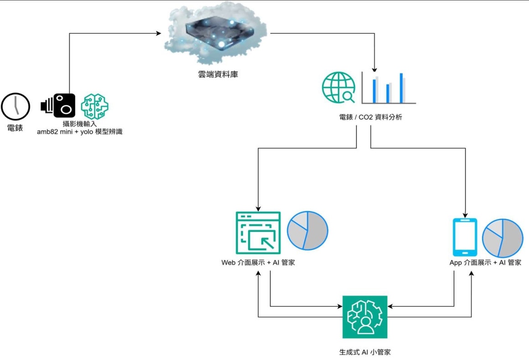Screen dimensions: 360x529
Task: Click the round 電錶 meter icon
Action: [x=16, y=106]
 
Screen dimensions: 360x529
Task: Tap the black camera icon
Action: [x=58, y=105]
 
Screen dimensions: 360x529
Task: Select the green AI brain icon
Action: [x=94, y=106]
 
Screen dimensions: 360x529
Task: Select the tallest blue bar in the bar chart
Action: [x=401, y=87]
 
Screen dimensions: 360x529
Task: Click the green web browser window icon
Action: [x=258, y=232]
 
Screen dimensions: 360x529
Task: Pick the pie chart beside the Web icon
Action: [x=307, y=230]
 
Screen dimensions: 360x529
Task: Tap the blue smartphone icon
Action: [x=465, y=237]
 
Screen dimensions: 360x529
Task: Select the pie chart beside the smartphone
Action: [x=502, y=238]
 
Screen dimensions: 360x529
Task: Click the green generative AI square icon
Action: [x=365, y=317]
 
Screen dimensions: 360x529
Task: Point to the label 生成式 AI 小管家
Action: [x=365, y=352]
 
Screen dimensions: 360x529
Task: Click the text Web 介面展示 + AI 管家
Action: [x=258, y=262]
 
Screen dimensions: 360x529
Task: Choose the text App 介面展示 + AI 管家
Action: [x=485, y=262]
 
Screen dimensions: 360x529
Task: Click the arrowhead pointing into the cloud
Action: [x=159, y=33]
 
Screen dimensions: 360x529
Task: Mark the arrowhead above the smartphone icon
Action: [x=465, y=214]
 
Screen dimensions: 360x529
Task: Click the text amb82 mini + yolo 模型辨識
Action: [x=80, y=132]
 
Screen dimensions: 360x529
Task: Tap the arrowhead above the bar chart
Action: [x=374, y=70]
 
